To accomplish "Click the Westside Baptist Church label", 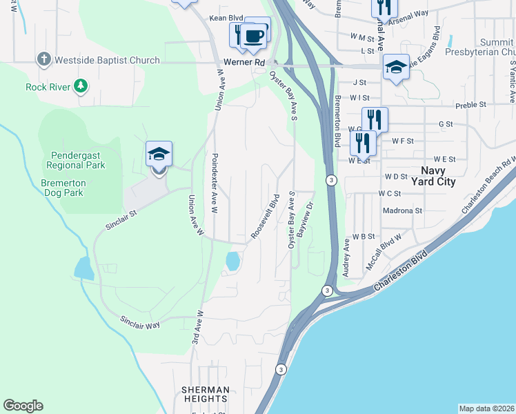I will (x=108, y=60).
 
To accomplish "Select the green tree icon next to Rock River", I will (x=81, y=86).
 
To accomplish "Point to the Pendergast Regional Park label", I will (x=76, y=160).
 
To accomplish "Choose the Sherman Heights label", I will (x=204, y=394).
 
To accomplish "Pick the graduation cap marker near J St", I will (x=396, y=68).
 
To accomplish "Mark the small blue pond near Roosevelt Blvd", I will (x=233, y=261).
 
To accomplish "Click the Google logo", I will (x=23, y=405).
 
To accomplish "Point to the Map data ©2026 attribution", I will (x=486, y=408).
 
